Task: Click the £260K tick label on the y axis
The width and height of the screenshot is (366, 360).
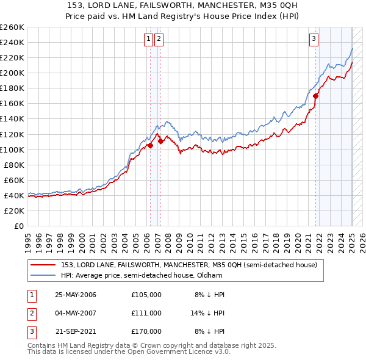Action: pyautogui.click(x=12, y=27)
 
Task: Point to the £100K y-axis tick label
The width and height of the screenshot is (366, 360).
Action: pyautogui.click(x=12, y=149)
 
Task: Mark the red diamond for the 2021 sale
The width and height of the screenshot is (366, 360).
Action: pyautogui.click(x=316, y=96)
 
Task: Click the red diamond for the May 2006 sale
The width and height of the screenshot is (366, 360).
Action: pyautogui.click(x=150, y=146)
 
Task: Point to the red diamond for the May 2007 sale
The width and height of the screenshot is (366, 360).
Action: pyautogui.click(x=160, y=141)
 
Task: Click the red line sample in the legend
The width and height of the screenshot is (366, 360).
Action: pyautogui.click(x=43, y=265)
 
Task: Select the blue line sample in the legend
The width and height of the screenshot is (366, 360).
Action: pyautogui.click(x=43, y=275)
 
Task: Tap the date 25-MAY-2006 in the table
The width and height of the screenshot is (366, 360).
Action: pyautogui.click(x=76, y=295)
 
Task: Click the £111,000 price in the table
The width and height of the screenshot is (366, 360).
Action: pyautogui.click(x=146, y=313)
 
